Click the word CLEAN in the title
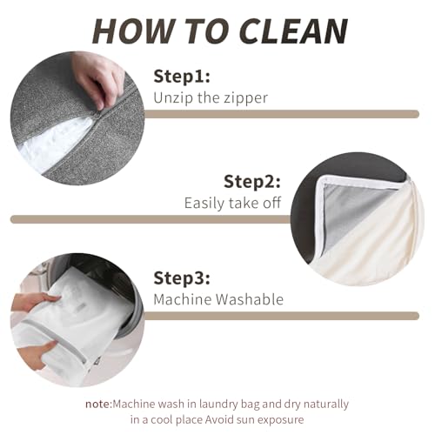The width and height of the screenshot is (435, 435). [294, 31]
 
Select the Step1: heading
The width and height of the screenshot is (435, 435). [182, 77]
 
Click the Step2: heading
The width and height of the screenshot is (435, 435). [252, 182]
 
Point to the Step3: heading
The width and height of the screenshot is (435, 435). [182, 278]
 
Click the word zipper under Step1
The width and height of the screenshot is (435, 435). [244, 98]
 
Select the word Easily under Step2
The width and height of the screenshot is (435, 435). [204, 204]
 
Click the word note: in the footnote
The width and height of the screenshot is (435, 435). [98, 404]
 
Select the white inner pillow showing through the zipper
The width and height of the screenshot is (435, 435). [52, 145]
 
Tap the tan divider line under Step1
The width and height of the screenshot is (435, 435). [281, 114]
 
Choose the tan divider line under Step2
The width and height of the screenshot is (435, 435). [151, 219]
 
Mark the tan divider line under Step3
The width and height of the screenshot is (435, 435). [281, 316]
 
